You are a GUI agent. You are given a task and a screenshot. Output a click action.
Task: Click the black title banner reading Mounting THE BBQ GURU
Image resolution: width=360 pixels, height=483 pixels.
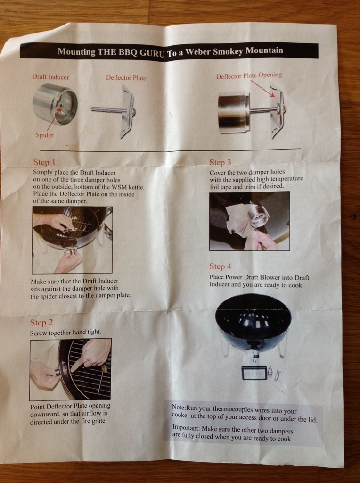coord(169,51)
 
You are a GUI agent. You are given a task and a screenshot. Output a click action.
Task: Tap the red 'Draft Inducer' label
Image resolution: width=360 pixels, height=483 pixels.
coord(51,77)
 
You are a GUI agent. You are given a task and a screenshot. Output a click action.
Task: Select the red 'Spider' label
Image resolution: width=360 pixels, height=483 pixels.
coord(45,135)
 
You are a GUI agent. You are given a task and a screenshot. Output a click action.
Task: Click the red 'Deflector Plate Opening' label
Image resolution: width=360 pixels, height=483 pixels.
coord(249,75)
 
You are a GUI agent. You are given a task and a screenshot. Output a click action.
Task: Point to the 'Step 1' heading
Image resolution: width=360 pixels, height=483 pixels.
coord(44,162)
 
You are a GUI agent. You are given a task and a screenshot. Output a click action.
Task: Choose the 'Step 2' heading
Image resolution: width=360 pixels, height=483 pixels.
coord(41,323)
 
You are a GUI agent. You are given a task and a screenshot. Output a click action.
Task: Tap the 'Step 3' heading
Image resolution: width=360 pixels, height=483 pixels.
coord(220,162)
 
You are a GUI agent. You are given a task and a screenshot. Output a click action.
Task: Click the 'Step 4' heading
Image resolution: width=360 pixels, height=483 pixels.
coord(221,266)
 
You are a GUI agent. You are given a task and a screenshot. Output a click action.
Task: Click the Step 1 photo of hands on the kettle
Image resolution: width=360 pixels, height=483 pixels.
coord(72,240)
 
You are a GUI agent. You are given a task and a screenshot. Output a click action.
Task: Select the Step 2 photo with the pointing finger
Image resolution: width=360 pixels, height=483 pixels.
coord(71,369)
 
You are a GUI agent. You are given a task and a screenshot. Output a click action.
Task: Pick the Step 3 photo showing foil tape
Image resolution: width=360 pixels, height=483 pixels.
coord(250,221)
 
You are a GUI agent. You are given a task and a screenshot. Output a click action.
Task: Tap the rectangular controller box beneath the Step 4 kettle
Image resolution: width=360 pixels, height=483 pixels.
coord(254,373)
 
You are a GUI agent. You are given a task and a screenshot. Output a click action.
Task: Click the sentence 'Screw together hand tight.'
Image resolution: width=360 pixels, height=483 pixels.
coord(65,333)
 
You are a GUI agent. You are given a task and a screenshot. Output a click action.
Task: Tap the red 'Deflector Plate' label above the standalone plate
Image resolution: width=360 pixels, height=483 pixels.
coord(126,78)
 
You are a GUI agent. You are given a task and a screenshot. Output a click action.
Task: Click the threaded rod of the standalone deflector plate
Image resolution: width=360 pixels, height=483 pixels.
coord(107,109)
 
